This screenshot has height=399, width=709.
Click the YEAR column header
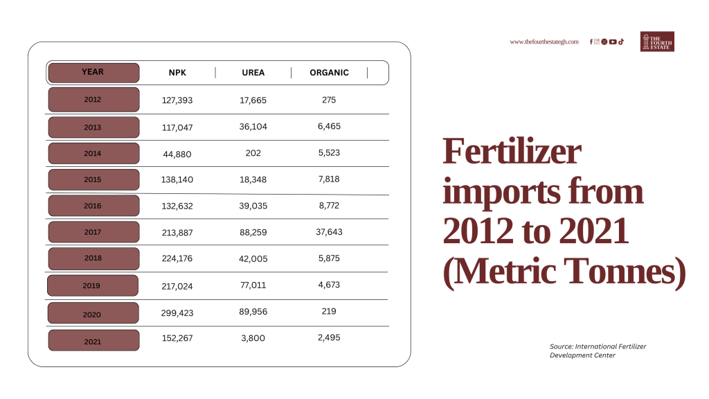(x=93, y=72)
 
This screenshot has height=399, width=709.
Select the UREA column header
(x=253, y=72)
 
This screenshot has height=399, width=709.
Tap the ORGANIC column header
(x=329, y=72)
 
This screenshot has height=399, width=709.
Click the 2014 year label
(x=93, y=153)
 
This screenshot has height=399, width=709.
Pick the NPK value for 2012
(x=177, y=100)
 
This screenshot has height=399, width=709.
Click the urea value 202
(x=253, y=153)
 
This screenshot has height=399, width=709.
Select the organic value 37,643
(x=329, y=231)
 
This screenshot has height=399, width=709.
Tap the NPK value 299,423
(x=177, y=312)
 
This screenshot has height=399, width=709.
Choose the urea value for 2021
(x=253, y=338)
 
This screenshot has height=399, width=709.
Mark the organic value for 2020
(x=329, y=311)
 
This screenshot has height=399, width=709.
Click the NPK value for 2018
(x=177, y=258)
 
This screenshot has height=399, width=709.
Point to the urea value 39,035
(x=253, y=206)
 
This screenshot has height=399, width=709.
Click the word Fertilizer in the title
(x=512, y=151)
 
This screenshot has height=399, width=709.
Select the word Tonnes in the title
(x=625, y=272)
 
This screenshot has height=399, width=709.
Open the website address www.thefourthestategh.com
(x=544, y=42)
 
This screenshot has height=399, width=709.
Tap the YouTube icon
(x=613, y=42)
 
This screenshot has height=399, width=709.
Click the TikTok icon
(x=621, y=42)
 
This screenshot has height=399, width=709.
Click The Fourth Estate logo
(x=657, y=42)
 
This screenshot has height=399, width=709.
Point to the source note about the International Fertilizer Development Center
(x=598, y=351)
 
